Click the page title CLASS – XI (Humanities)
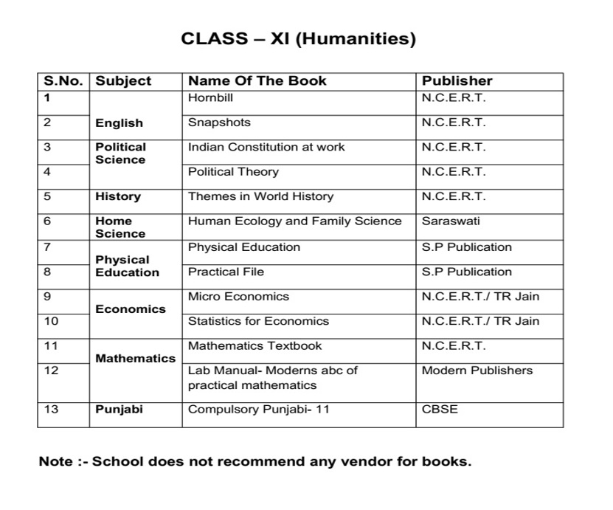point(298,39)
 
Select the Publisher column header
point(457,80)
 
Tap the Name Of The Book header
point(257,80)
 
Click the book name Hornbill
point(210,97)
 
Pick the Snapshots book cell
point(219,123)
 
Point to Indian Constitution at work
point(266,147)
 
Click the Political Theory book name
point(233,172)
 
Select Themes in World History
point(260,196)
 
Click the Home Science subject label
point(120,227)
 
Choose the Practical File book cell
point(226,272)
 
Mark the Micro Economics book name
point(238,297)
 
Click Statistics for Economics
point(258,321)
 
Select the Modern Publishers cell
point(477,371)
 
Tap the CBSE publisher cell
point(440,409)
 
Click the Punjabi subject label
point(119,409)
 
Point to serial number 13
point(51,409)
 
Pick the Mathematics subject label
point(136,359)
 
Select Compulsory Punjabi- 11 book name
point(258,409)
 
